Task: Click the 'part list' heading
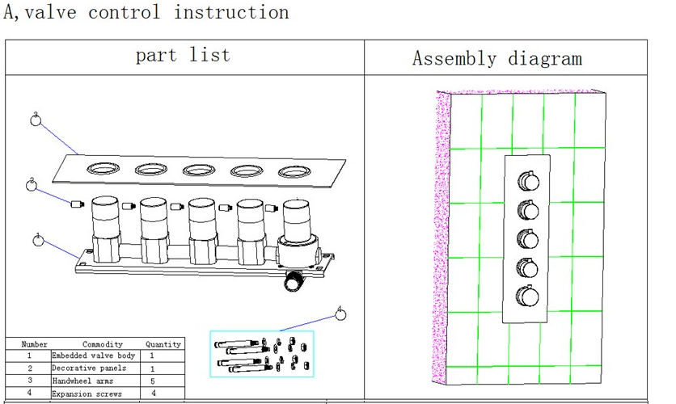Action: pyautogui.click(x=183, y=55)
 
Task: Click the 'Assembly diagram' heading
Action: pyautogui.click(x=496, y=58)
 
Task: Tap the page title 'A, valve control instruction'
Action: pyautogui.click(x=146, y=12)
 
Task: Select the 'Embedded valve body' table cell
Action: pyautogui.click(x=94, y=356)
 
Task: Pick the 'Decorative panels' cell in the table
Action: pyautogui.click(x=89, y=368)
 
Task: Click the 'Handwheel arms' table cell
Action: pyautogui.click(x=83, y=381)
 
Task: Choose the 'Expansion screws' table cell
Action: pyautogui.click(x=87, y=393)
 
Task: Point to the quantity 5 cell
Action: pyautogui.click(x=152, y=381)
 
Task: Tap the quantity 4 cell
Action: pyautogui.click(x=152, y=393)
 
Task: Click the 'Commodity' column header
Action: pyautogui.click(x=103, y=344)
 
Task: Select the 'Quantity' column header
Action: pyautogui.click(x=163, y=344)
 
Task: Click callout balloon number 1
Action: pyautogui.click(x=38, y=239)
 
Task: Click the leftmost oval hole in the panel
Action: pyautogui.click(x=103, y=169)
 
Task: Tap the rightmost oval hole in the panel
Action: pyautogui.click(x=294, y=171)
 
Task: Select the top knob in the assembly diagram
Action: pyautogui.click(x=527, y=181)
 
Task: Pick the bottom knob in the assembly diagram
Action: pyautogui.click(x=527, y=297)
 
